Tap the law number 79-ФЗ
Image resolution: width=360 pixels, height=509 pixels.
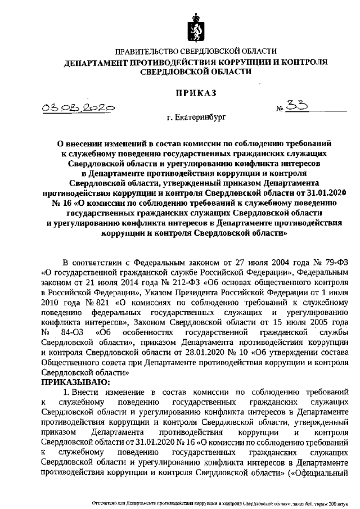(x=339, y=262)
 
